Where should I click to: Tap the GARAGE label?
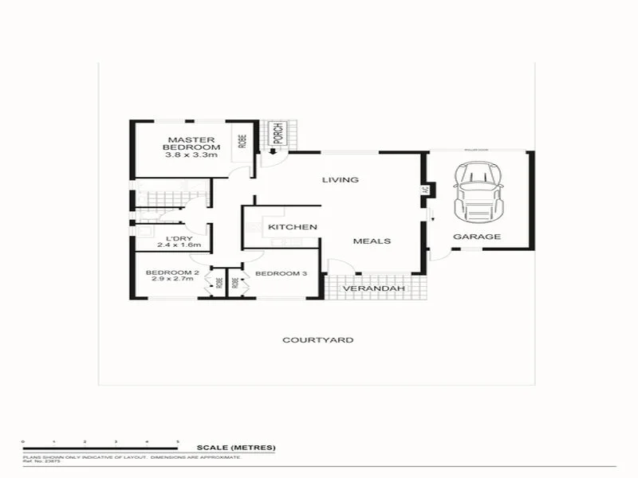[x=477, y=237]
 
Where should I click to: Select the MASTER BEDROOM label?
[x=191, y=143]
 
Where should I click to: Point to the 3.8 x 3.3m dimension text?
[x=191, y=155]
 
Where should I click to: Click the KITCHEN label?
[x=293, y=228]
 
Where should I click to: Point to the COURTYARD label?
[x=318, y=340]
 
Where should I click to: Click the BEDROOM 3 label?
[x=281, y=274]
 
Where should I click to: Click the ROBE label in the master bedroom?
[x=242, y=141]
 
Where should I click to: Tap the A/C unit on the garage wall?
[x=424, y=190]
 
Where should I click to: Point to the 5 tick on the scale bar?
[x=178, y=441]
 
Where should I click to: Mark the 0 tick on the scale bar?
[x=24, y=441]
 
